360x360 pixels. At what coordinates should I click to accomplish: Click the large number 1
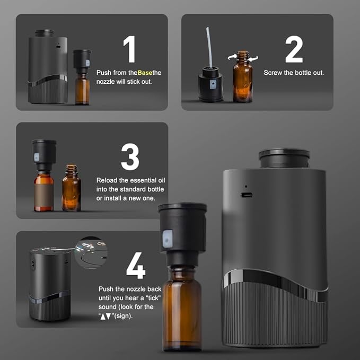129,49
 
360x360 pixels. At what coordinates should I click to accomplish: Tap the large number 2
293,49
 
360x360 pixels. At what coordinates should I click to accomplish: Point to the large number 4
136,265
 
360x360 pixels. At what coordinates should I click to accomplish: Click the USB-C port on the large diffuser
247,195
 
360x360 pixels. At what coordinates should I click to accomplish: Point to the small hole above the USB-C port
245,186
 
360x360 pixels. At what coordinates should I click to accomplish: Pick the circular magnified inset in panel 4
91,252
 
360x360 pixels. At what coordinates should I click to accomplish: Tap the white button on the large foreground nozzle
166,239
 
